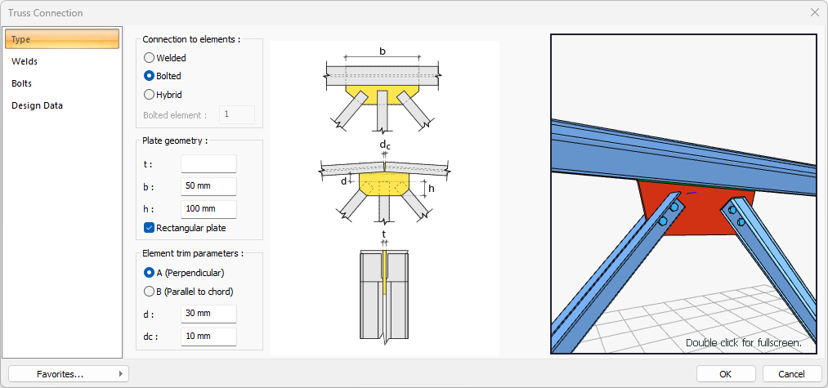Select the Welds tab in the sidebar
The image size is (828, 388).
[x=25, y=61]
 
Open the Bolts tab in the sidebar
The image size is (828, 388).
[x=22, y=83]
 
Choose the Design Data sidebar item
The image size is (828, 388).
[x=37, y=105]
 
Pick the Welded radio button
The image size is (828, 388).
[x=149, y=58]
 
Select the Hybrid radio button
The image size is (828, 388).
[x=149, y=94]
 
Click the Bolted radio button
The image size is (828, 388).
[x=149, y=76]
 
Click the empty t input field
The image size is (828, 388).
[x=208, y=163]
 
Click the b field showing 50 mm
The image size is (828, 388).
[x=208, y=186]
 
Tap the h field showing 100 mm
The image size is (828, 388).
[x=208, y=209]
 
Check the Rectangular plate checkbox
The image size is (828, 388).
[x=149, y=228]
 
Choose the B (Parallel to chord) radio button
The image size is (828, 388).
[x=149, y=292]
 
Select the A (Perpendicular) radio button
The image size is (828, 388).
[x=149, y=273]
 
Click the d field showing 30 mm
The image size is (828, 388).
[x=208, y=314]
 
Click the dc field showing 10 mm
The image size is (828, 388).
[x=208, y=337]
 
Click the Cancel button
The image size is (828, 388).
[x=792, y=374]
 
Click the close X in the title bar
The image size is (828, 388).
[x=814, y=13]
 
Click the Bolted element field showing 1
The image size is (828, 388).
[x=237, y=115]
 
